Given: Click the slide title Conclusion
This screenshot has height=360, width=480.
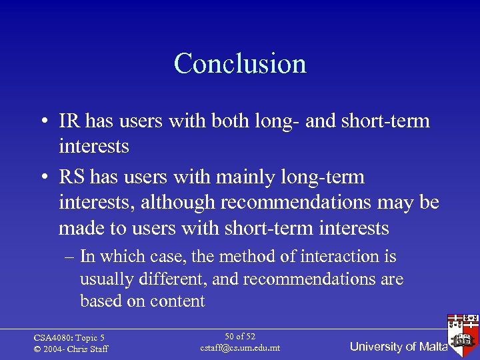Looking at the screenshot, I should pos(240,63).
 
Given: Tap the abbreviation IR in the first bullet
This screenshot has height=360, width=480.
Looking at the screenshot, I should pos(68,121).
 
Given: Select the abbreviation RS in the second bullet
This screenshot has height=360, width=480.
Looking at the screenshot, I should pos(70,177).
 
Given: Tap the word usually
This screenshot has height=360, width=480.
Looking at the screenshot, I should pos(106,279).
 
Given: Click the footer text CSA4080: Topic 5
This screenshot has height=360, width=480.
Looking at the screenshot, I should pos(69,338).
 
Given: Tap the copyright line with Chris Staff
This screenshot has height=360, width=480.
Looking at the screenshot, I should pos(71,349).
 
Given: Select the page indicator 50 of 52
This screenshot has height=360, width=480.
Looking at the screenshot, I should pos(240,337).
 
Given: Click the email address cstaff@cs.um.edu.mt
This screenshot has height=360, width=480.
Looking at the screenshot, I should pos(240,348).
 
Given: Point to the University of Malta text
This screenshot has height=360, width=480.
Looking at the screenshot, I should pos(398,347).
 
